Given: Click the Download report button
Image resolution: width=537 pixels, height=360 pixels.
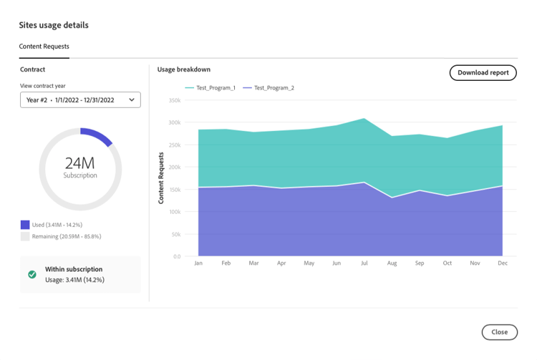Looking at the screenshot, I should [x=483, y=72].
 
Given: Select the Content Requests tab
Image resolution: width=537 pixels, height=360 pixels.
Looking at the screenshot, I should [x=44, y=47].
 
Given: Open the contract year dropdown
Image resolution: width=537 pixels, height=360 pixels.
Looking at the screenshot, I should [x=80, y=100].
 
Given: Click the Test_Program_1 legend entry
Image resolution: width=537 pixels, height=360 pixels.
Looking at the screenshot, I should [x=211, y=88].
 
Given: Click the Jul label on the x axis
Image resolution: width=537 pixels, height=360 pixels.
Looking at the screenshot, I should [x=364, y=263].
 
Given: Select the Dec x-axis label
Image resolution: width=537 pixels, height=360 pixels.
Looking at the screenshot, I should [x=503, y=263].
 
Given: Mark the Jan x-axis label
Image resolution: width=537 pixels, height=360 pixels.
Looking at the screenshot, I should [x=198, y=263].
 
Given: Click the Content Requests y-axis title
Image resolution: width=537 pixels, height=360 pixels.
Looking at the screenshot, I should [x=161, y=177].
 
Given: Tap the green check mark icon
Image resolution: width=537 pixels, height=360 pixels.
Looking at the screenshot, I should [x=32, y=274].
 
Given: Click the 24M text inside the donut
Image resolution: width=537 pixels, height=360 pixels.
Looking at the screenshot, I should [x=79, y=162].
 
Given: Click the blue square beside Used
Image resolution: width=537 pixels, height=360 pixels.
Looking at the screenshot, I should [x=25, y=225].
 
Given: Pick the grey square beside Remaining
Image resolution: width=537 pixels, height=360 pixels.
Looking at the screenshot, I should [x=25, y=236].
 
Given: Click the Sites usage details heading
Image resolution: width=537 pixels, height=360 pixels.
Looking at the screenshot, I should [x=54, y=25].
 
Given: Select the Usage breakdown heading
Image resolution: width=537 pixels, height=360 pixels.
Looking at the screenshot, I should [x=184, y=69].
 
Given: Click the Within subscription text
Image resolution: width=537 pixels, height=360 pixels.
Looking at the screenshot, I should [x=74, y=269].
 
